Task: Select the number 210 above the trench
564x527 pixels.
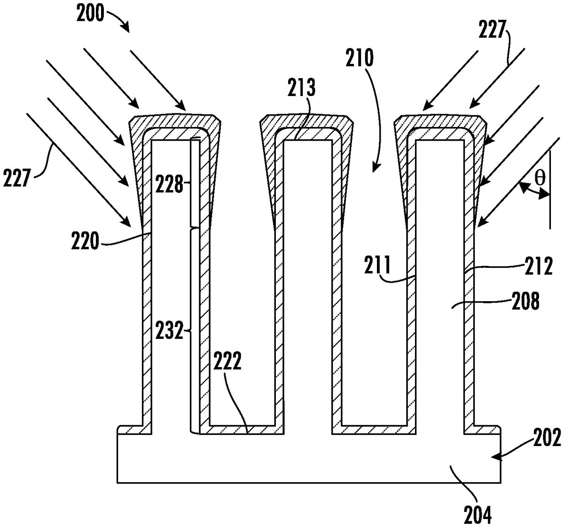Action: (359, 58)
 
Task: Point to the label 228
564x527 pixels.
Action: (170, 184)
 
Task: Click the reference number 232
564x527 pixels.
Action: (169, 330)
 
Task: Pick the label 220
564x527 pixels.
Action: (85, 240)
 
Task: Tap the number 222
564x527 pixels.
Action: (227, 360)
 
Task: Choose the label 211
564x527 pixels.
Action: (377, 265)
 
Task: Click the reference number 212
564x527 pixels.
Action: (539, 266)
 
